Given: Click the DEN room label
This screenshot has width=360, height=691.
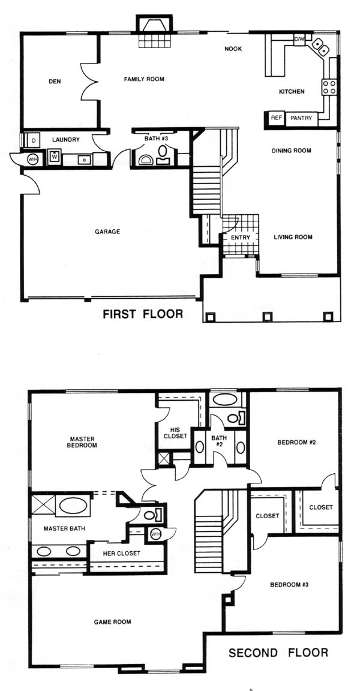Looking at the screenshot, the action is coord(55,81).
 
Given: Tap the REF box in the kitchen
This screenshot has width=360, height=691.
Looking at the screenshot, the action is coord(276,118).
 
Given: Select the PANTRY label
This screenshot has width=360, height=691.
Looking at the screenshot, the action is coord(301,118).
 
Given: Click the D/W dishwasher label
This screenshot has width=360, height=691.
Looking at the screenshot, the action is coord(299,38).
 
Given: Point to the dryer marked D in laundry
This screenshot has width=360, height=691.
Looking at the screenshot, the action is coord(32,141).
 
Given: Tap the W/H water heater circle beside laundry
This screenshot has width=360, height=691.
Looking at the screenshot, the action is coord(32,159).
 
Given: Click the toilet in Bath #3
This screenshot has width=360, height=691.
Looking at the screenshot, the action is coord(163,152).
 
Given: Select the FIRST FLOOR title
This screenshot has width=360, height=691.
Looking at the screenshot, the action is coord(142,314).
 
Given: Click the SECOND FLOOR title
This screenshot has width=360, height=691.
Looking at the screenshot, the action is coord(278,653).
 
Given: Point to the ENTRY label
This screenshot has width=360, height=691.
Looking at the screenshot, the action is coord(241,238).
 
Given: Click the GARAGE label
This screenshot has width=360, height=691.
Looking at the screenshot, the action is coord(107,232).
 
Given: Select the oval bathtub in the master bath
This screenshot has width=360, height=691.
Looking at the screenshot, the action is coord(73,506).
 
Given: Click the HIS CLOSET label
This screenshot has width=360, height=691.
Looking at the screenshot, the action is coord(175,433).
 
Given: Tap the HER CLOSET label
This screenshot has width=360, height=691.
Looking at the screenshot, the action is coord(122,553).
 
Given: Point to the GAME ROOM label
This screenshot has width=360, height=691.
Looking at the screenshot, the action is coord(112,622).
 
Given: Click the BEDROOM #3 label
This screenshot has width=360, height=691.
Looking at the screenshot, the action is coord(289,585).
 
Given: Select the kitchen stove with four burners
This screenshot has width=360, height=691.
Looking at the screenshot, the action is coord(329,86).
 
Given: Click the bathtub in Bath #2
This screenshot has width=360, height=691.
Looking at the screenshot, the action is coord(225,399).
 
